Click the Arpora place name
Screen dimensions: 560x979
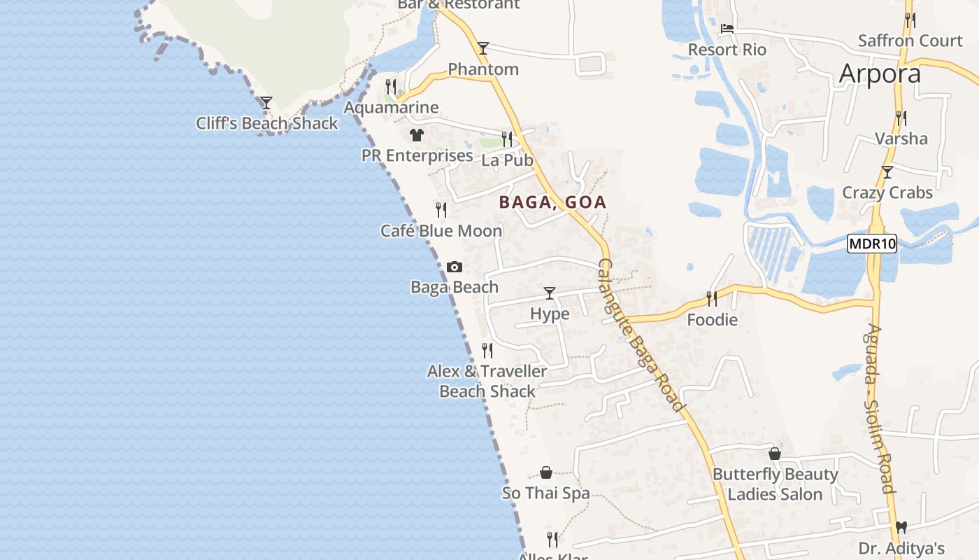pyautogui.click(x=880, y=73)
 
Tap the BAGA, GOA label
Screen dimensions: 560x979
pyautogui.click(x=552, y=202)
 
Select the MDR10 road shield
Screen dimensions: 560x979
pyautogui.click(x=871, y=244)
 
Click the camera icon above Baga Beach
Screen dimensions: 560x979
pyautogui.click(x=454, y=267)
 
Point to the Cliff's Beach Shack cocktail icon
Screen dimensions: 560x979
pyautogui.click(x=266, y=103)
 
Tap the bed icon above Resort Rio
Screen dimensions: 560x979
pyautogui.click(x=727, y=29)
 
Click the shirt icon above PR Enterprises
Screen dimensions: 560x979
pyautogui.click(x=417, y=134)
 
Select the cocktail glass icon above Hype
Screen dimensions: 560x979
pyautogui.click(x=550, y=293)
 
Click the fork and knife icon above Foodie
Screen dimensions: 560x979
pyautogui.click(x=712, y=299)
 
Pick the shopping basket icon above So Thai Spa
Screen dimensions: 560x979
pyautogui.click(x=546, y=473)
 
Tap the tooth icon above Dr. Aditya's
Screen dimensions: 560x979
pyautogui.click(x=901, y=527)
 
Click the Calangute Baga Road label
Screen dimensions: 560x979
pyautogui.click(x=639, y=335)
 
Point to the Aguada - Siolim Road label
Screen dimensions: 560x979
pyautogui.click(x=880, y=408)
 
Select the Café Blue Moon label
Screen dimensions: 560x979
pyautogui.click(x=441, y=230)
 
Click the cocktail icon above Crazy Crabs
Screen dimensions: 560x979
pyautogui.click(x=887, y=171)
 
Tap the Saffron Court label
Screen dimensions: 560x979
pyautogui.click(x=910, y=41)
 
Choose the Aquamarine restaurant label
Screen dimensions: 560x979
pyautogui.click(x=391, y=107)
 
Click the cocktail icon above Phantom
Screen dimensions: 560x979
pyautogui.click(x=483, y=48)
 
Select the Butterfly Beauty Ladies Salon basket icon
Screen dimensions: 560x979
pyautogui.click(x=774, y=454)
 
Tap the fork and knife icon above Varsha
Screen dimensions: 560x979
pyautogui.click(x=901, y=118)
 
